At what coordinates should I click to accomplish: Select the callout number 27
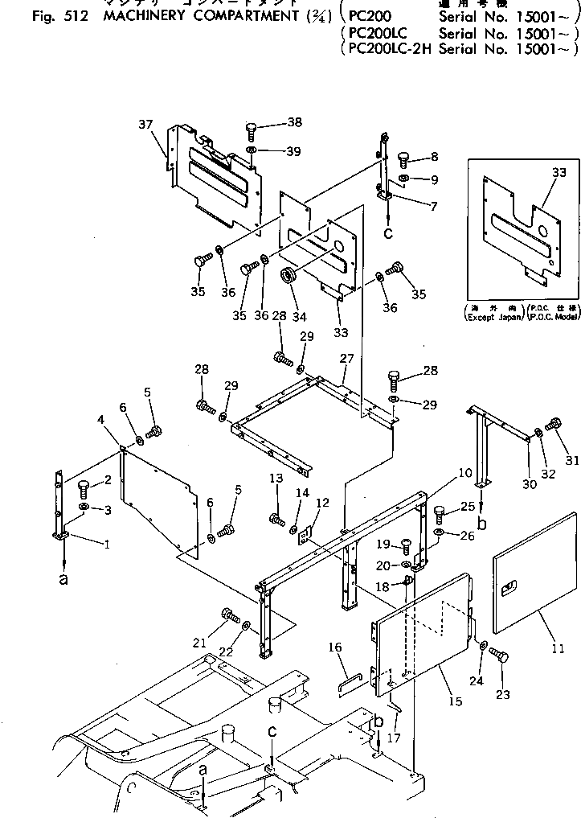tap(346, 358)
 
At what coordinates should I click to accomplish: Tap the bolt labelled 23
tap(498, 657)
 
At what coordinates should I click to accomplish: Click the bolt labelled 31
tap(553, 424)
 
